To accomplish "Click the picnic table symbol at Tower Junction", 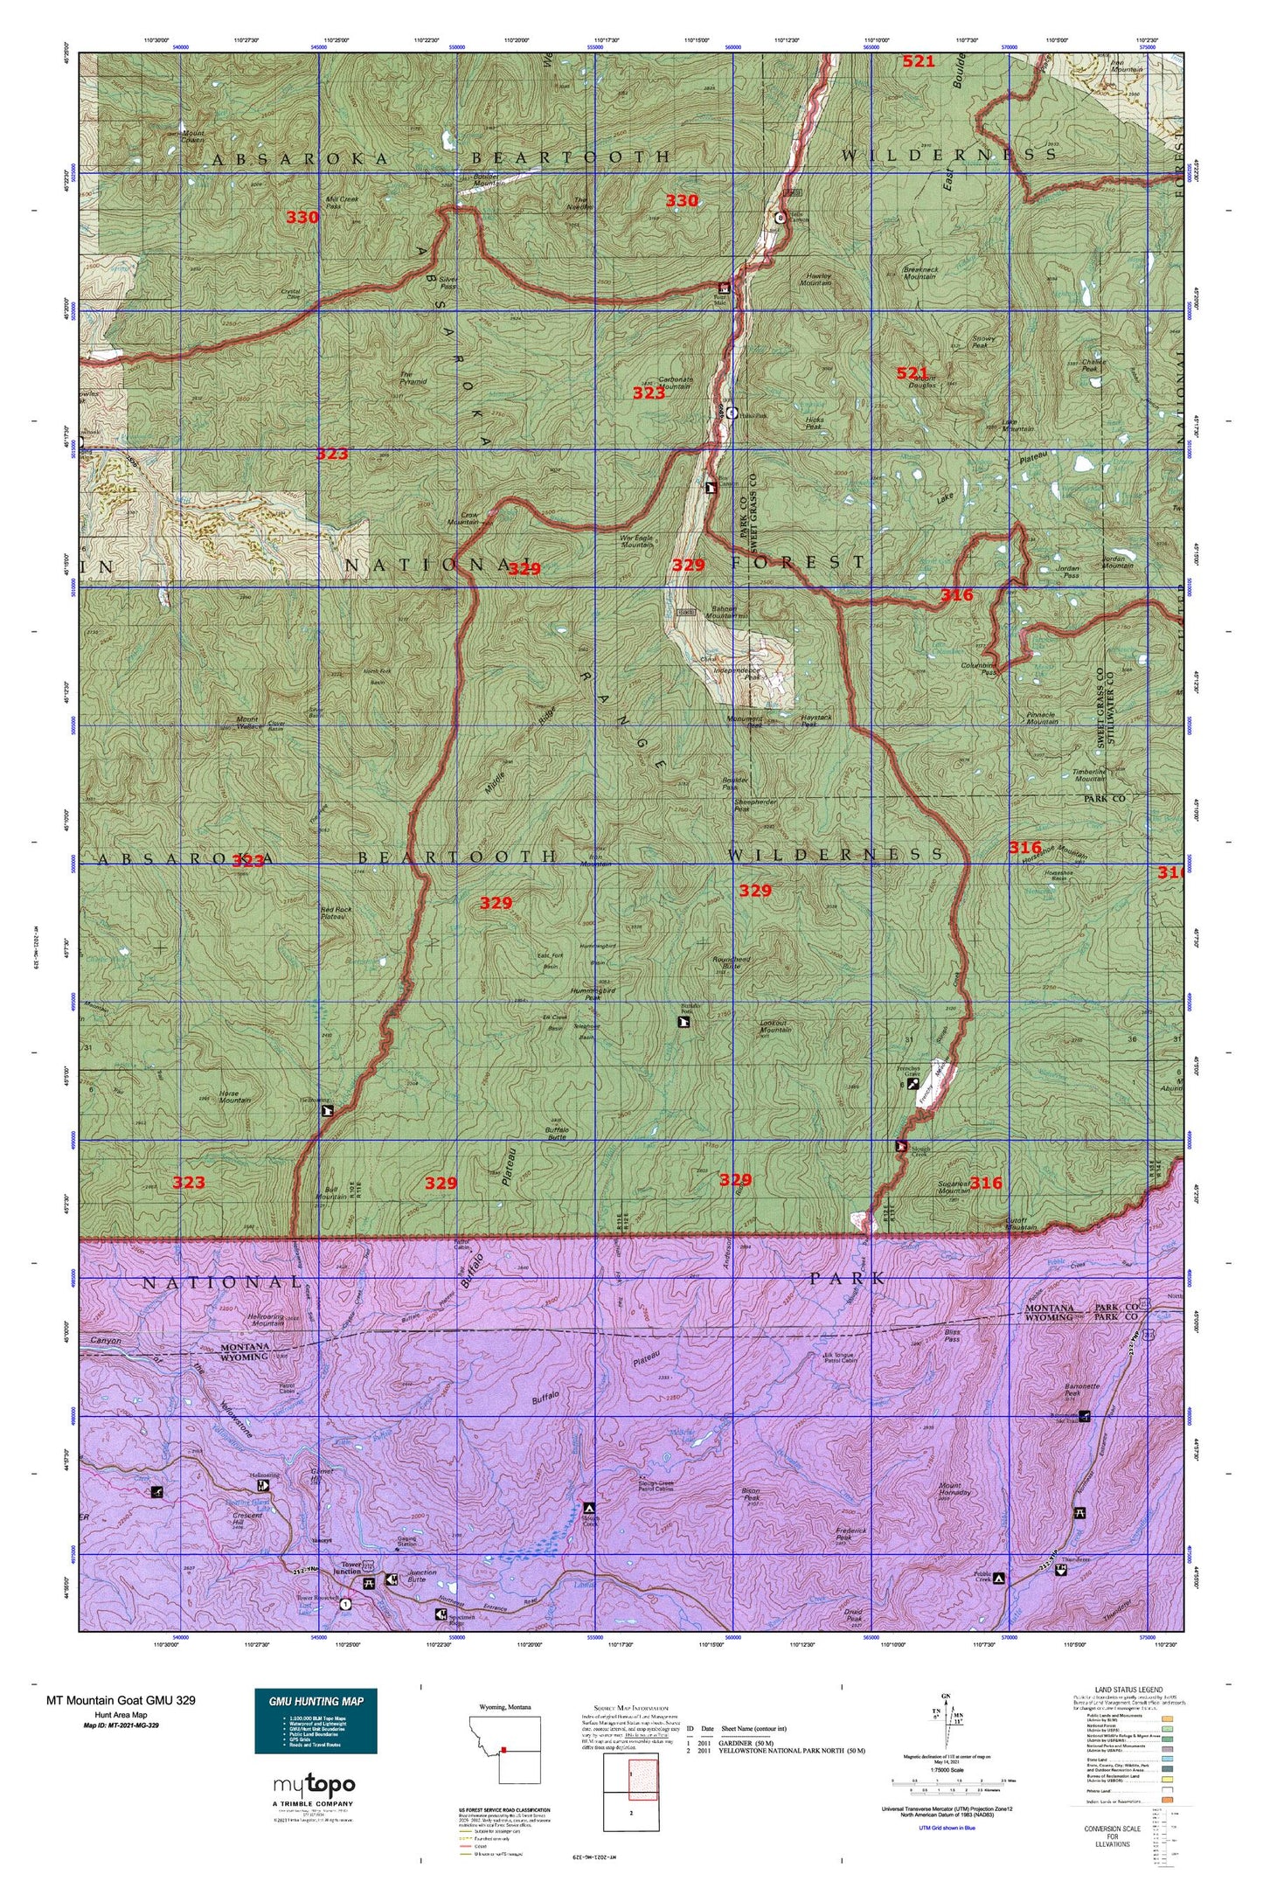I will (368, 1583).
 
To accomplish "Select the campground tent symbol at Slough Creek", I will (589, 1508).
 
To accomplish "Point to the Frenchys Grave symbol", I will (913, 1082).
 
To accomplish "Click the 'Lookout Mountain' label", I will (775, 1026).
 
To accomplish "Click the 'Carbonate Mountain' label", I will (675, 383).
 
